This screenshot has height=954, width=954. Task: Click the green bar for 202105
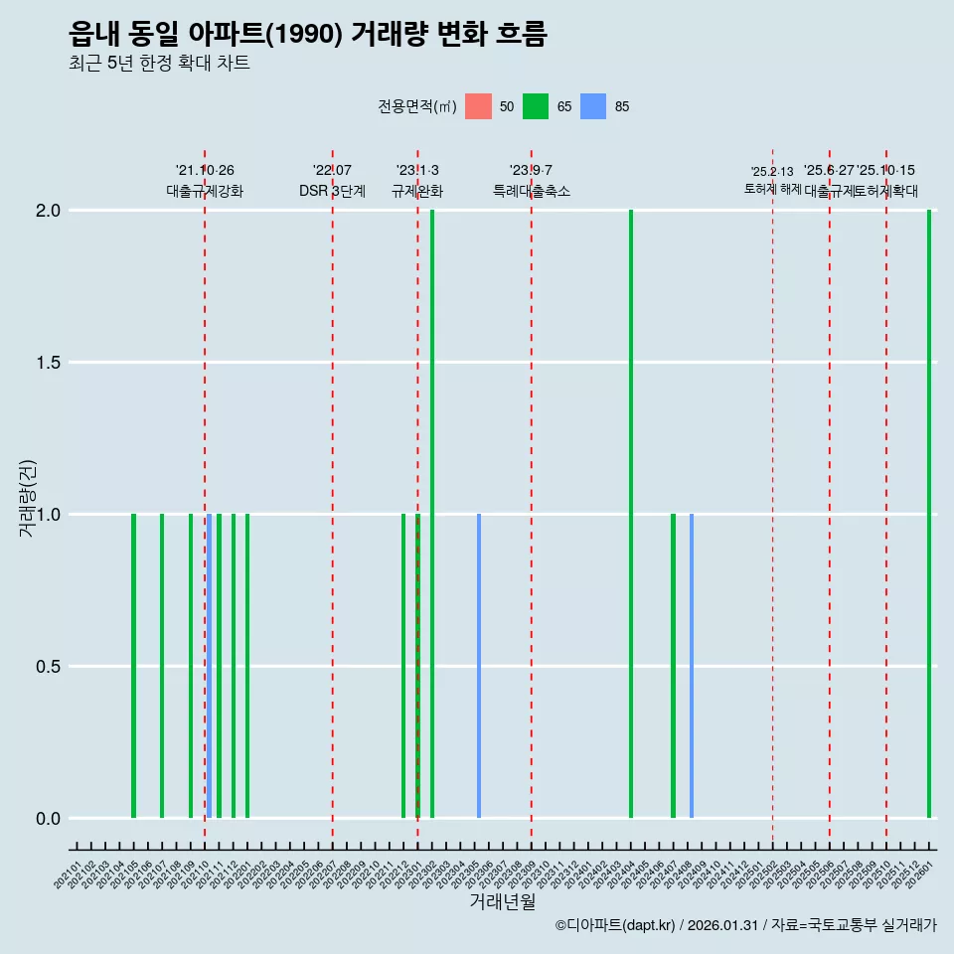pyautogui.click(x=133, y=666)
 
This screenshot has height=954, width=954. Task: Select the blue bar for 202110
pyautogui.click(x=209, y=666)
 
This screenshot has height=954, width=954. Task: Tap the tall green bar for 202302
pyautogui.click(x=432, y=514)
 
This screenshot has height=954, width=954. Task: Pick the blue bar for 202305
pyautogui.click(x=479, y=666)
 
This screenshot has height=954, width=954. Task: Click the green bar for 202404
pyautogui.click(x=631, y=514)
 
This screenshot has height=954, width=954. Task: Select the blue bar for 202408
pyautogui.click(x=692, y=666)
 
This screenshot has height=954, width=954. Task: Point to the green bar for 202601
pyautogui.click(x=929, y=514)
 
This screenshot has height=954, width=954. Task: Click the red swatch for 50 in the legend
pyautogui.click(x=479, y=106)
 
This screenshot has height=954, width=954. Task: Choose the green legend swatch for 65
pyautogui.click(x=536, y=106)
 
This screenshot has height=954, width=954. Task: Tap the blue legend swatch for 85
pyautogui.click(x=593, y=106)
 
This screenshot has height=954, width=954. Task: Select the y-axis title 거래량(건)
pyautogui.click(x=28, y=497)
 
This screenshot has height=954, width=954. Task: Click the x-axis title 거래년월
pyautogui.click(x=502, y=902)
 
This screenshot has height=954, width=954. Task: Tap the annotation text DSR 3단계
pyautogui.click(x=332, y=191)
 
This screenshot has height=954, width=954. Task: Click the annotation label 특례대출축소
pyautogui.click(x=532, y=191)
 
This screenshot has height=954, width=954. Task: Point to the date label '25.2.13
pyautogui.click(x=772, y=172)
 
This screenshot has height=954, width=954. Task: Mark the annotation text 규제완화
pyautogui.click(x=417, y=191)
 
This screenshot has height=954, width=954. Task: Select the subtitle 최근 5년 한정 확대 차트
pyautogui.click(x=159, y=64)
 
